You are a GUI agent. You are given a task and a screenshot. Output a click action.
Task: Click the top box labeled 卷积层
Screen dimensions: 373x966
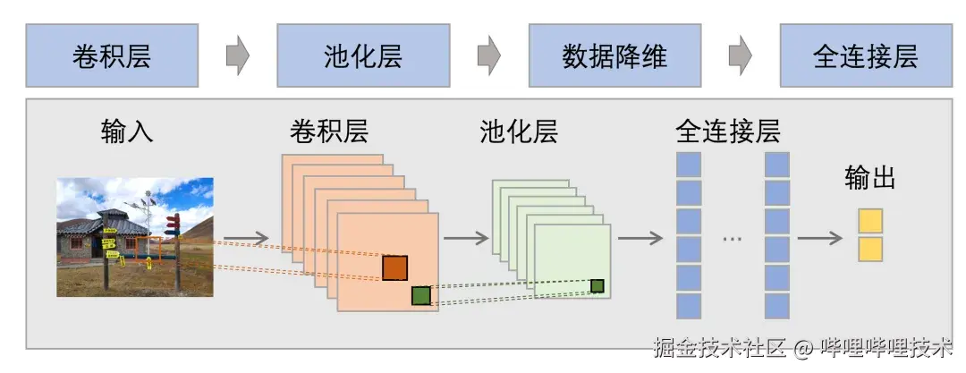tap(112, 55)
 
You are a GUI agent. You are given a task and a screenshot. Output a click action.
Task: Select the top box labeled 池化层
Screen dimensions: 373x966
tap(363, 55)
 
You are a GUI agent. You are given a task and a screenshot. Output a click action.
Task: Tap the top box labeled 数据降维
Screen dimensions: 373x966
tap(614, 55)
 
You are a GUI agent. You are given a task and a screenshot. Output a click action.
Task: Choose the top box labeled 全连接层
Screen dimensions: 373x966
tap(865, 55)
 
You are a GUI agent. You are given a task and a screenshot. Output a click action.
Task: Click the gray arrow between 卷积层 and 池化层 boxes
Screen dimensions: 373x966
tap(237, 55)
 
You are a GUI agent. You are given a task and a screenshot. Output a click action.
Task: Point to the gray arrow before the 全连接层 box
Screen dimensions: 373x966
tap(740, 55)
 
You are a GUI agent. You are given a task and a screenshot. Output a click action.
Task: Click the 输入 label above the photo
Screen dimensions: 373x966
tap(127, 131)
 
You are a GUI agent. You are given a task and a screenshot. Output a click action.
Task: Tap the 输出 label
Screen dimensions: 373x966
tap(869, 177)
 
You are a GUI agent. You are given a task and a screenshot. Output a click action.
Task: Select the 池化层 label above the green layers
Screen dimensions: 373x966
tap(519, 131)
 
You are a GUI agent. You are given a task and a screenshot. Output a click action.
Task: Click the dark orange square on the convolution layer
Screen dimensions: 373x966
tap(394, 267)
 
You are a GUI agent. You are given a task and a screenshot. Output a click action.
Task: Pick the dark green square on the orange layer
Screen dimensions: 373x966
tap(421, 295)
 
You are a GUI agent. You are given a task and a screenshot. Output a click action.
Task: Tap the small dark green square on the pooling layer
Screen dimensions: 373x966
tap(597, 286)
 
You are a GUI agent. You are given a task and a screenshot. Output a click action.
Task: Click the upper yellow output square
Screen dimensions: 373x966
tap(870, 220)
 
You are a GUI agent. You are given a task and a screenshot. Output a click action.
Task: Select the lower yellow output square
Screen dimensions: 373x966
tap(870, 249)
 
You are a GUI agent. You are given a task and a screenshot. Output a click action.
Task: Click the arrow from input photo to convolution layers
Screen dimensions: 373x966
tap(249, 238)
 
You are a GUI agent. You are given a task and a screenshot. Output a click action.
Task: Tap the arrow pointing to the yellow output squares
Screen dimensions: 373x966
tap(819, 238)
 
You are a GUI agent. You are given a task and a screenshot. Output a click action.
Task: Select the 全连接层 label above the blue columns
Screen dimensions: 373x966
tap(727, 131)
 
